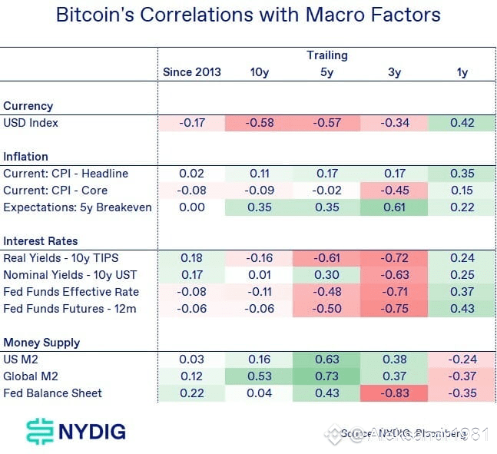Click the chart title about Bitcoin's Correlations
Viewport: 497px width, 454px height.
tap(248, 15)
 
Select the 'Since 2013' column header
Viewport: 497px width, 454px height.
tap(191, 72)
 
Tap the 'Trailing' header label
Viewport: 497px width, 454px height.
tap(327, 55)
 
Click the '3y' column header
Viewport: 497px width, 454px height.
tap(395, 72)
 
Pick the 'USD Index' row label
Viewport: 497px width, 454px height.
tap(31, 123)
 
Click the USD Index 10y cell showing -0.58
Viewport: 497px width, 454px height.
tap(259, 123)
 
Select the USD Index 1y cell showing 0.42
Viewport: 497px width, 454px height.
tap(462, 123)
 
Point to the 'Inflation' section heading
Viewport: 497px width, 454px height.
tap(25, 157)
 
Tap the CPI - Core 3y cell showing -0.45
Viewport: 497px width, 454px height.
tap(395, 191)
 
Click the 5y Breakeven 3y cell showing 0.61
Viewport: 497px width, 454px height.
tap(395, 207)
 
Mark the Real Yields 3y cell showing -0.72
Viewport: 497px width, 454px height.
tap(395, 258)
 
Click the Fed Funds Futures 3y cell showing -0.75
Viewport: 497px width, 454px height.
tap(395, 309)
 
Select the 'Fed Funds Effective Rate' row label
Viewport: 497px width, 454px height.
tap(71, 292)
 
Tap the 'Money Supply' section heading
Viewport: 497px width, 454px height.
tap(41, 343)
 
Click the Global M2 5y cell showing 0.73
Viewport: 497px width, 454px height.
tap(327, 376)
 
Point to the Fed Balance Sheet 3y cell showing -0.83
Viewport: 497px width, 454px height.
tap(395, 393)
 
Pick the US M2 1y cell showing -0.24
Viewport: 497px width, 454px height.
tap(462, 360)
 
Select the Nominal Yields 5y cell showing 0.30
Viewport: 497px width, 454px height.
tap(327, 275)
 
